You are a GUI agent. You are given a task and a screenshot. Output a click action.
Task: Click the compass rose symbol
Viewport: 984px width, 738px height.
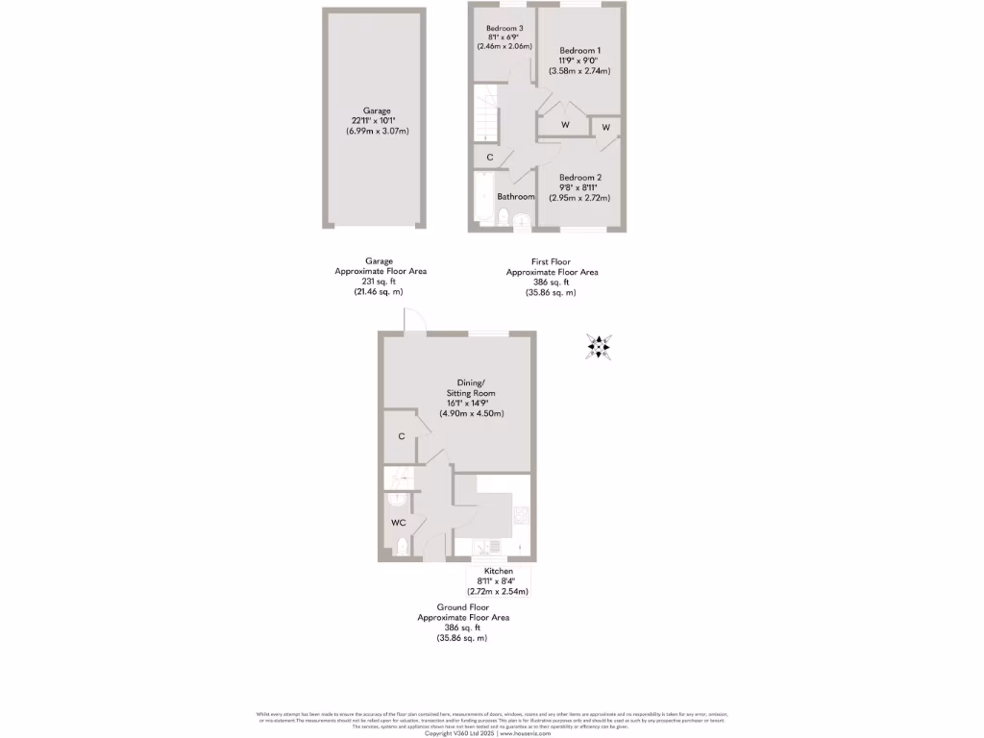pyautogui.click(x=600, y=347)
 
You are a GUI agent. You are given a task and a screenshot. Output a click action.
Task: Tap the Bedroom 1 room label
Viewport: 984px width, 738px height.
pyautogui.click(x=579, y=50)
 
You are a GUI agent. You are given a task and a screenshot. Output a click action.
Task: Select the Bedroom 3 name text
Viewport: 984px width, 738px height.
pyautogui.click(x=504, y=28)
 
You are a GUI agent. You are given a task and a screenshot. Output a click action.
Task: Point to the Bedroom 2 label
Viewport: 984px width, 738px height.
pyautogui.click(x=579, y=178)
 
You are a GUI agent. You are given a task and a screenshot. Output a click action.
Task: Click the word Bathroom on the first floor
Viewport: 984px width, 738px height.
pyautogui.click(x=516, y=197)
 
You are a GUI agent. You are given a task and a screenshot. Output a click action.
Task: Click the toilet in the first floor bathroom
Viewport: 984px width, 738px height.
pyautogui.click(x=505, y=218)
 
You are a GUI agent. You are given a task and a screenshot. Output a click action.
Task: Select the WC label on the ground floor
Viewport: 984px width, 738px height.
pyautogui.click(x=398, y=523)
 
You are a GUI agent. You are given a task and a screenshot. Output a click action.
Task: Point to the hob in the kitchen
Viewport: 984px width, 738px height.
pyautogui.click(x=521, y=516)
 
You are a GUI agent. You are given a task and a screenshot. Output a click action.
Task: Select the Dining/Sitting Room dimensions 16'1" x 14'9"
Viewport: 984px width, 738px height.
pyautogui.click(x=471, y=404)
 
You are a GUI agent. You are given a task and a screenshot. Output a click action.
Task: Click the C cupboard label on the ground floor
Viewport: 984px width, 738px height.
pyautogui.click(x=401, y=436)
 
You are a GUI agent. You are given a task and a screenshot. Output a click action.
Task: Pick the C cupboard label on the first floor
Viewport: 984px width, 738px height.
pyautogui.click(x=490, y=158)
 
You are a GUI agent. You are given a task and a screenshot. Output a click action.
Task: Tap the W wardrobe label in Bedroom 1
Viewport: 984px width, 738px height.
pyautogui.click(x=565, y=125)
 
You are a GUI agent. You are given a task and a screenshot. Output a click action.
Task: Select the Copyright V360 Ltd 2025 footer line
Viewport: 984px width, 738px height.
pyautogui.click(x=492, y=733)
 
